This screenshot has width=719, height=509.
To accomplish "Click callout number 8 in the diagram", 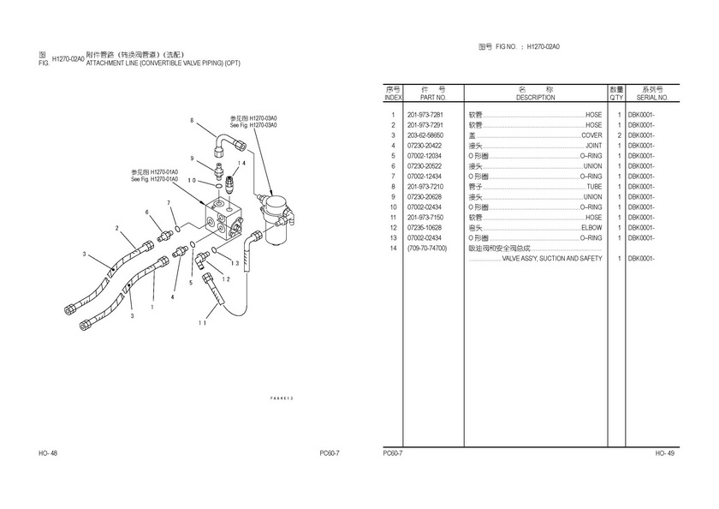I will pos(192,120).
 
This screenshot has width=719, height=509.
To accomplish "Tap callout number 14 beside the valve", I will pos(242,163).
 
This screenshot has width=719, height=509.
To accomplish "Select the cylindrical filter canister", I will pos(276,218).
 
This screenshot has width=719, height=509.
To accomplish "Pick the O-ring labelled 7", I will pos(178,228).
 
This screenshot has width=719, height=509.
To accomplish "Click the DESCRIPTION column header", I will pos(536,98).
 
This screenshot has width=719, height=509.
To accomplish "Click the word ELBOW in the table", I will pos(591,228).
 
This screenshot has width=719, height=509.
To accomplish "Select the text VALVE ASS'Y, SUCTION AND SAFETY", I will pos(551,259).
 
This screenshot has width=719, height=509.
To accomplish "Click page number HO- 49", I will pos(665,453).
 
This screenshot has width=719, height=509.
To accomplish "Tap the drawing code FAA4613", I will pos(282,398).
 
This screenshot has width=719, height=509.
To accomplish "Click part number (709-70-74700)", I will pos(427,249).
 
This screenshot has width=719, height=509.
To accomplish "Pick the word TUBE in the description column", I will pos(594,187).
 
